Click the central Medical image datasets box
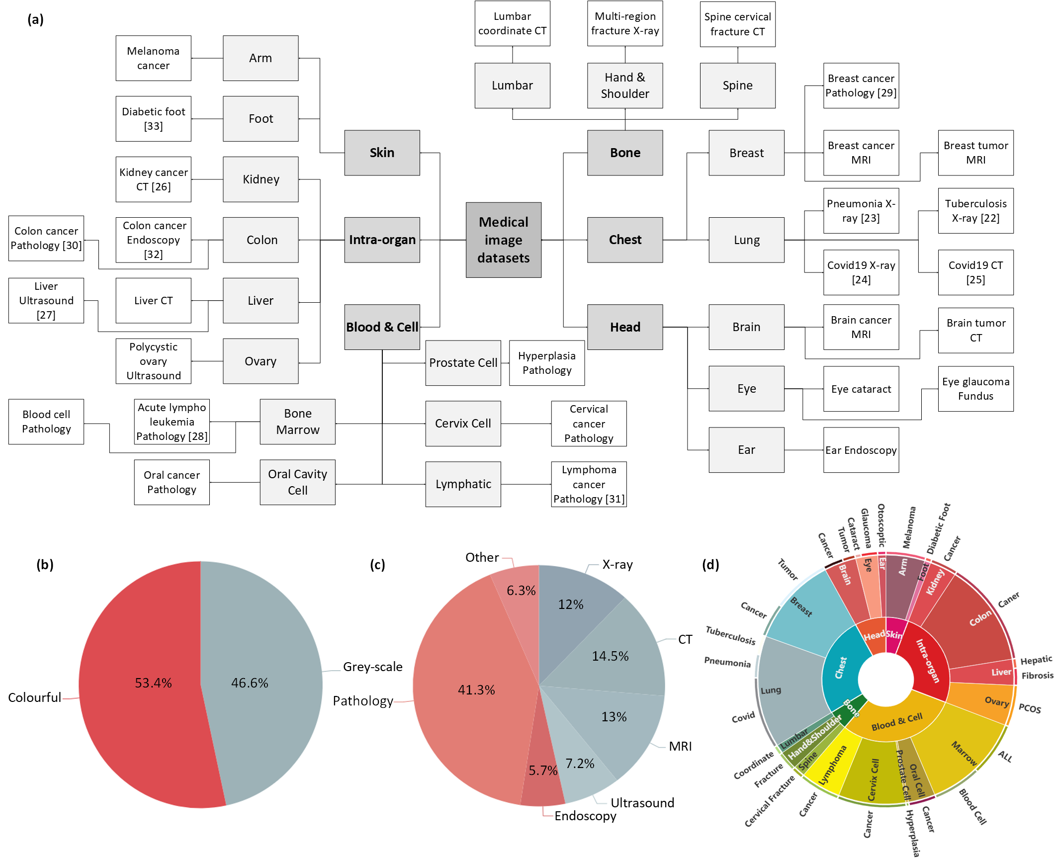click(503, 240)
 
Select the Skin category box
click(382, 153)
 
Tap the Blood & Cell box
click(382, 327)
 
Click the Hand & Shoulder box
click(624, 86)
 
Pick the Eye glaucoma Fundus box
click(975, 389)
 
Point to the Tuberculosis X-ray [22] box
click(975, 211)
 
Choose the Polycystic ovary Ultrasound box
click(153, 361)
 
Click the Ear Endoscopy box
click(861, 450)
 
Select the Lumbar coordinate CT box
click(512, 23)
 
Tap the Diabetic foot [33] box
click(153, 119)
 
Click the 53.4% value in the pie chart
click(153, 683)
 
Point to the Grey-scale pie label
click(372, 667)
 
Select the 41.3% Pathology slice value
click(476, 690)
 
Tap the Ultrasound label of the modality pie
click(642, 803)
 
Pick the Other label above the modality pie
click(482, 557)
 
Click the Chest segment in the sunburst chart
click(841, 667)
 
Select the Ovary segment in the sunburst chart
click(996, 701)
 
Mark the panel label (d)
click(710, 565)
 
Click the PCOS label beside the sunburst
click(1030, 708)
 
